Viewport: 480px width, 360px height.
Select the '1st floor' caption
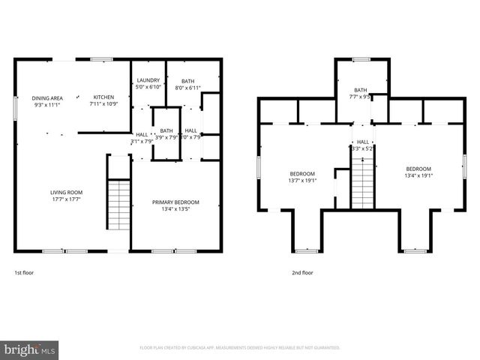(x=24, y=273)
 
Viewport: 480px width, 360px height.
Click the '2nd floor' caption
(x=302, y=273)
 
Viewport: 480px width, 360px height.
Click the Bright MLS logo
(x=30, y=349)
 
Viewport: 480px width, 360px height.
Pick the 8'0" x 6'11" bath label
(x=187, y=85)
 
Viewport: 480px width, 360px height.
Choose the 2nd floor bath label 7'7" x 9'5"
(x=361, y=93)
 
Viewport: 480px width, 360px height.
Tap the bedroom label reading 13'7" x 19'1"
(x=302, y=177)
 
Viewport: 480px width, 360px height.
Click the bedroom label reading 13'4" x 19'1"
(x=418, y=172)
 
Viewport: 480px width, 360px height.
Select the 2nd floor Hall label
(x=363, y=145)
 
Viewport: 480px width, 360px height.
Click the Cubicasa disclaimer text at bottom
(x=240, y=348)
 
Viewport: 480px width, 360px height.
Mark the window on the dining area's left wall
(x=16, y=106)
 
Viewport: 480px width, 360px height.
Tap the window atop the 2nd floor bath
(x=361, y=59)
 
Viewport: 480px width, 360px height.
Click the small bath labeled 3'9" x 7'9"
(x=166, y=133)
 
